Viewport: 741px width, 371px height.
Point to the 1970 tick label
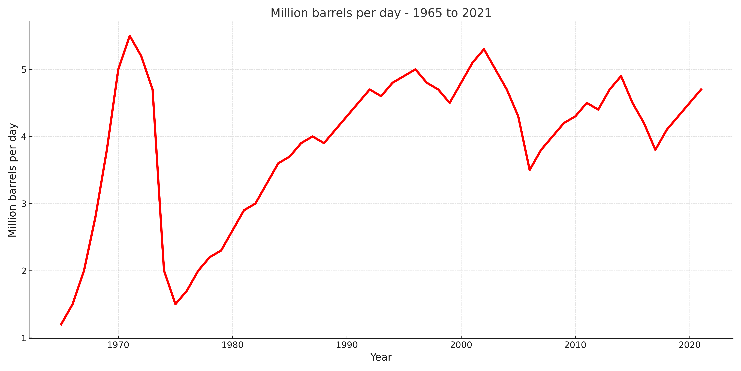(118, 345)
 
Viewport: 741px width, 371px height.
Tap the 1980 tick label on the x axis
(232, 345)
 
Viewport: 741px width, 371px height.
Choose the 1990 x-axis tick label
(347, 345)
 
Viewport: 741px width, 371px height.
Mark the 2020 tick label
(689, 345)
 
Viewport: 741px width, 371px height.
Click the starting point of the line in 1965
(61, 325)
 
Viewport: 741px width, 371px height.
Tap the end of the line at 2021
(701, 89)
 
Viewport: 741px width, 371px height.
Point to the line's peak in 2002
(484, 49)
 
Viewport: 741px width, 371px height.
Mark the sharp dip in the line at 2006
(530, 170)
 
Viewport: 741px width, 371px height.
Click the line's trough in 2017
(655, 150)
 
